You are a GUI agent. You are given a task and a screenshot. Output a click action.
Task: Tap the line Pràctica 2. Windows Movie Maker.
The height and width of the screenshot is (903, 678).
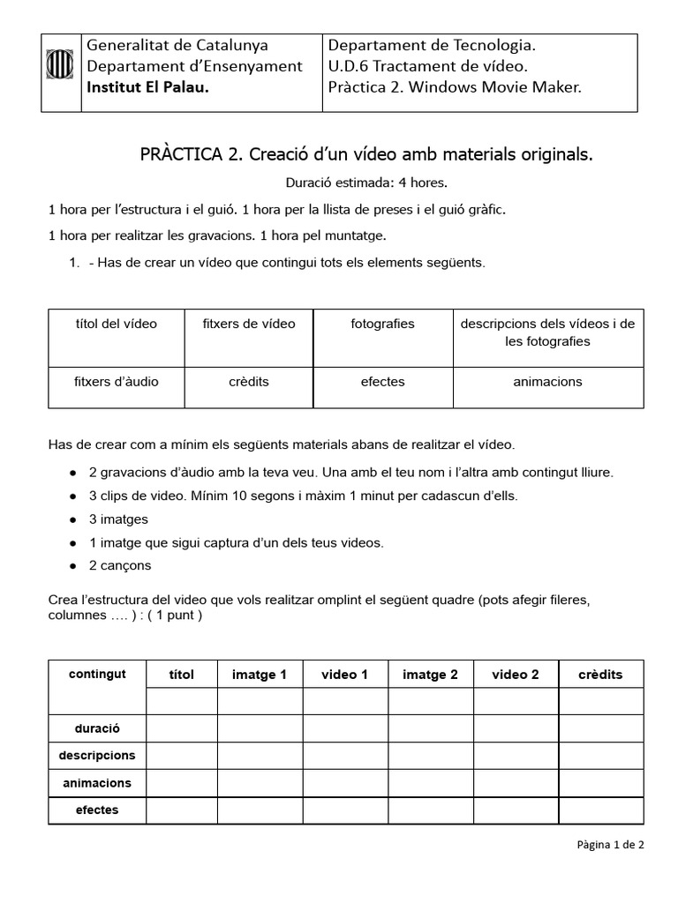tap(455, 87)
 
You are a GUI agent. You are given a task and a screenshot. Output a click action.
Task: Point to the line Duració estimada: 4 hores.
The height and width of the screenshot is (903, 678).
tap(366, 183)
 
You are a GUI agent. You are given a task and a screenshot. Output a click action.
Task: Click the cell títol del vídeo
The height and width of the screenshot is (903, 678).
tap(116, 324)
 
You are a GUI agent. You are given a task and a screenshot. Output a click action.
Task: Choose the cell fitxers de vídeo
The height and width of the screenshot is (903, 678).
tap(249, 324)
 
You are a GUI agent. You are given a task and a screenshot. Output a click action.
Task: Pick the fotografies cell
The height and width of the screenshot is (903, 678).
tap(382, 324)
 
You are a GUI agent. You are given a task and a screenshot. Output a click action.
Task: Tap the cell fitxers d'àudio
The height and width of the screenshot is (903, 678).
tap(116, 382)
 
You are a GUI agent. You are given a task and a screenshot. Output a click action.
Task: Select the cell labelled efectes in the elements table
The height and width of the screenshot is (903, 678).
tap(382, 382)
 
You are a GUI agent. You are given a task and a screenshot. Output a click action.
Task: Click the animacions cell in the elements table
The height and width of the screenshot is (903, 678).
tap(547, 382)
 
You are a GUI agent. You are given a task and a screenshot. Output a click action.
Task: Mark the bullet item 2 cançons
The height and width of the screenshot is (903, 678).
tap(119, 565)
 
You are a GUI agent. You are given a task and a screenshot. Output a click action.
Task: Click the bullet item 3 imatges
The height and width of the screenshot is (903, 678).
tap(118, 519)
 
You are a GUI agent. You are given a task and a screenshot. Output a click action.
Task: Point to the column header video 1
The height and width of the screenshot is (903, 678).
tap(345, 675)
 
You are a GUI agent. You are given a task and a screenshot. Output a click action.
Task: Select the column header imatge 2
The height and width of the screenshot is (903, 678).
tap(430, 675)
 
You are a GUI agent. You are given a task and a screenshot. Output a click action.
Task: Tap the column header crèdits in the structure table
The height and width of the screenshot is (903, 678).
tap(600, 675)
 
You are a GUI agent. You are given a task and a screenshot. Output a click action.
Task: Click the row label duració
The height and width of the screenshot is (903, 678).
tap(97, 728)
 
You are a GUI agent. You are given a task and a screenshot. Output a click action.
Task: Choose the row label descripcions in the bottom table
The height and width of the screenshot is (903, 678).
tap(97, 756)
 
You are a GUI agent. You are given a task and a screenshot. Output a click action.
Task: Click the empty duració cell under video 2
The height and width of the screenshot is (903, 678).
tap(516, 728)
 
